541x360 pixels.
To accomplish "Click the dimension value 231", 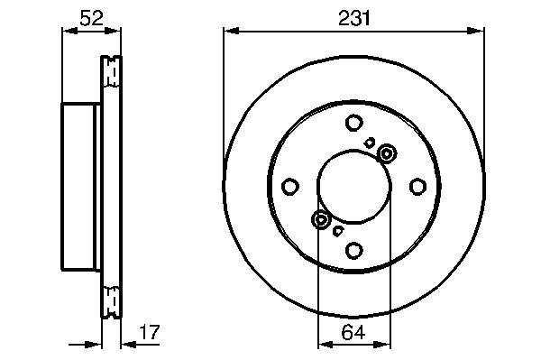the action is tap(354, 19).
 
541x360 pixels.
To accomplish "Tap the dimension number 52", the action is tap(91, 18).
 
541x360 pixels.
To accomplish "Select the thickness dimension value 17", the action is tap(150, 332).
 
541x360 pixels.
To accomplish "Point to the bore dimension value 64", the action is tap(353, 332).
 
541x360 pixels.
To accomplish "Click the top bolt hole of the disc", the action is tap(354, 123).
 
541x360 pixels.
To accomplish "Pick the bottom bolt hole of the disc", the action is tap(354, 250).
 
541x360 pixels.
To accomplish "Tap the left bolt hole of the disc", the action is tap(290, 187).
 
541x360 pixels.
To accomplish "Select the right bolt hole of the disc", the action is tap(417, 187).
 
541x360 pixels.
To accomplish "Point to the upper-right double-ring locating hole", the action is tap(387, 153).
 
